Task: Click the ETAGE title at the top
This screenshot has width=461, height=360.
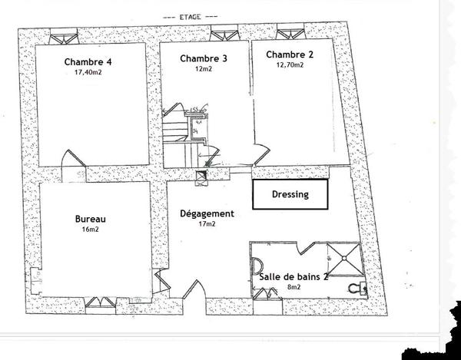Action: click(x=191, y=17)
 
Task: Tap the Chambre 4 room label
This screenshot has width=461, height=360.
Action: click(x=88, y=62)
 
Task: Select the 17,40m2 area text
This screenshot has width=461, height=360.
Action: click(x=88, y=72)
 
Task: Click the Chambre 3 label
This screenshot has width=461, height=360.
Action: click(x=204, y=58)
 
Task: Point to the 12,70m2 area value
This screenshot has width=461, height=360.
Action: click(x=290, y=65)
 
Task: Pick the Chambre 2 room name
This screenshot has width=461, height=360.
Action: click(x=290, y=54)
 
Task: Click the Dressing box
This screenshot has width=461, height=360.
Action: click(x=290, y=194)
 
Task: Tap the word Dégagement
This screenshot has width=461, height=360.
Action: click(x=207, y=213)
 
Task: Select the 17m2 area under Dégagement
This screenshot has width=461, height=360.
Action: click(x=207, y=224)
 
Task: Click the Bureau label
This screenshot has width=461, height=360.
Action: click(x=90, y=219)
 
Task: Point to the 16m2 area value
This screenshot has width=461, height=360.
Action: click(x=90, y=230)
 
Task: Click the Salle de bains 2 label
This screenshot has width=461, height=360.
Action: click(x=294, y=277)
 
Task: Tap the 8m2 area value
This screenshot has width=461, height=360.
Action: click(x=294, y=287)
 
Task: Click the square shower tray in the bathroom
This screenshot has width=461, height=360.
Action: click(x=344, y=259)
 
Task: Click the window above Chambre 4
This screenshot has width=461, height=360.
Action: click(x=64, y=37)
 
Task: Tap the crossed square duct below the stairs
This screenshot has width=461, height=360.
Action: click(x=201, y=178)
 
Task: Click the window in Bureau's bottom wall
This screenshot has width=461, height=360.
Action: click(x=101, y=302)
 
